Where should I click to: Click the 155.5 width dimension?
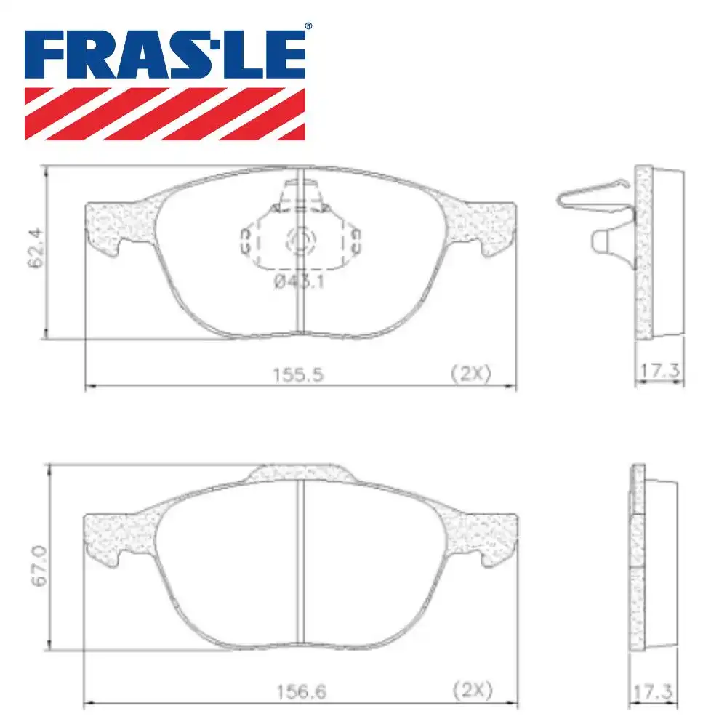[297, 375]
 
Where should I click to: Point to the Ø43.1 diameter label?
[299, 282]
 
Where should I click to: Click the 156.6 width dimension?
[297, 690]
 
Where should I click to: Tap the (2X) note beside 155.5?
[471, 374]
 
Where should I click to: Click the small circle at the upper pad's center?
[300, 241]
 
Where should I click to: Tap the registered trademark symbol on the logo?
[308, 27]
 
